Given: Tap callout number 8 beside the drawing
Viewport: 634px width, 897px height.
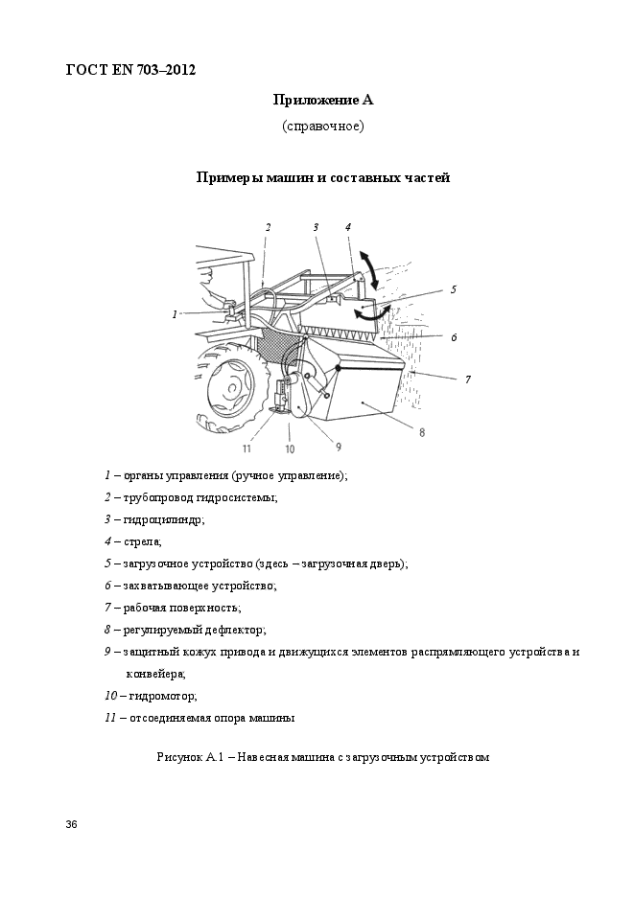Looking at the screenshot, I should tap(421, 432).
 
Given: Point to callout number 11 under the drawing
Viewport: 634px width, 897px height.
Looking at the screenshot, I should tap(247, 448).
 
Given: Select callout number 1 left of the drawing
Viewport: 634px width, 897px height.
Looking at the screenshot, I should tap(175, 313).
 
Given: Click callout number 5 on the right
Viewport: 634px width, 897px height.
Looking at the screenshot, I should tap(453, 287).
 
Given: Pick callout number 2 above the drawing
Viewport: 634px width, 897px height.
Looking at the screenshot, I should tap(269, 227).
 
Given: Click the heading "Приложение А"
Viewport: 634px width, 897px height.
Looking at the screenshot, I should tap(322, 99).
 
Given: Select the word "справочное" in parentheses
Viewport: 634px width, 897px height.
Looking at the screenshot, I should tap(322, 126).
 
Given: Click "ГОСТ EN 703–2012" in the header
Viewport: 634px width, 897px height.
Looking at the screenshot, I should tap(130, 69).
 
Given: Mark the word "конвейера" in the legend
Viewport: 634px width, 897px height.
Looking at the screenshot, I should tap(156, 674).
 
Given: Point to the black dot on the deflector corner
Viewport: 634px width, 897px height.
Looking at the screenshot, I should tap(338, 367).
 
